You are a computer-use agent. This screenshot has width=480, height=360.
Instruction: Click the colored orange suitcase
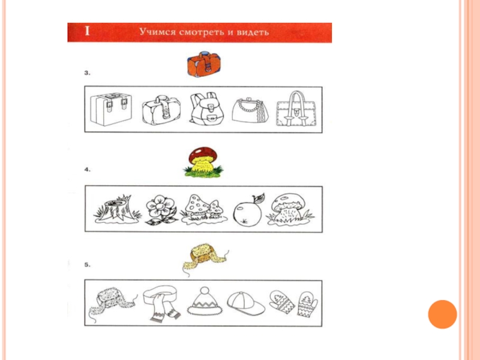pos(204,64)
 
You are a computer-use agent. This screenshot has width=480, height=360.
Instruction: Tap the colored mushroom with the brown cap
pos(203,162)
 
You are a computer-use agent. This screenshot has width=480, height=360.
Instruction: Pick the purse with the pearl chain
pos(250,110)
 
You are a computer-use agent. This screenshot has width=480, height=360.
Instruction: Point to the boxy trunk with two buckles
pos(111,109)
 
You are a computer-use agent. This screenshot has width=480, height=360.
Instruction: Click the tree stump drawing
pos(117,209)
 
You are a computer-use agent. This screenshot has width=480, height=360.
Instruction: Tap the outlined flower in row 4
pos(161,211)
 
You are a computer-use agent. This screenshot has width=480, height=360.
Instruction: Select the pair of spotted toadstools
pos(204,209)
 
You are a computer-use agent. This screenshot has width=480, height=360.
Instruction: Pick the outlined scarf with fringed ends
pos(162,303)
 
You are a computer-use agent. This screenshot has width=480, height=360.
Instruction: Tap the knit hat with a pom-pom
pos(205,301)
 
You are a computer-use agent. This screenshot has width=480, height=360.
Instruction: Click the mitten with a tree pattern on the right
pos(307,304)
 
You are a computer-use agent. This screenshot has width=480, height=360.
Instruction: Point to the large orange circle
pos(442,314)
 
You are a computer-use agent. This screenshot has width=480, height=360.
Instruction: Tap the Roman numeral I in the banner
pos(87,31)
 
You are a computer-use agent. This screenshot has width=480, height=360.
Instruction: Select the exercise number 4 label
pos(87,169)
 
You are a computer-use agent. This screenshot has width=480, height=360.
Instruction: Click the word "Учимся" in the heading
pos(157,32)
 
